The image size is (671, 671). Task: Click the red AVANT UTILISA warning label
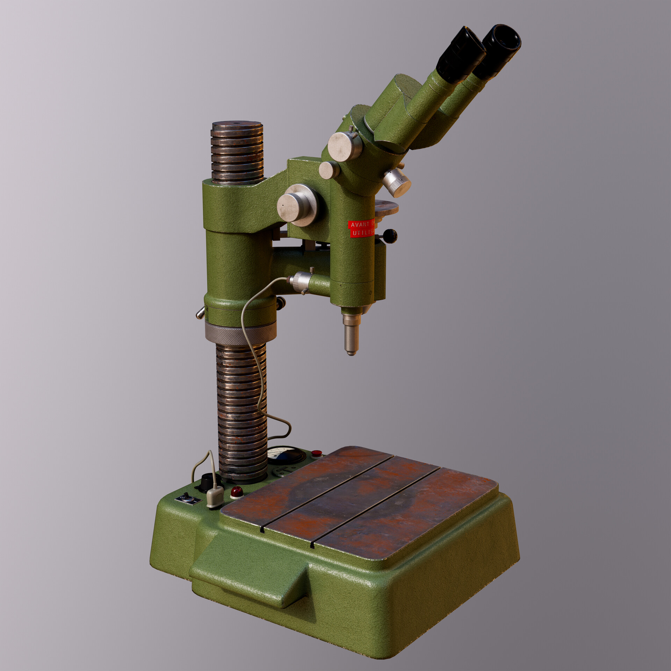[361, 229]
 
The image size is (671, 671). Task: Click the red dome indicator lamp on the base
[237, 492]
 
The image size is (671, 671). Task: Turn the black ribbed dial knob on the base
[208, 482]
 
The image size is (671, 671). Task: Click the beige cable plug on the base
[215, 497]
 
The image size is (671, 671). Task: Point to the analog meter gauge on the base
[286, 455]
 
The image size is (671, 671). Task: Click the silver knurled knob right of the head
[397, 182]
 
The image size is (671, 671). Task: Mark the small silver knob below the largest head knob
[329, 170]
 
